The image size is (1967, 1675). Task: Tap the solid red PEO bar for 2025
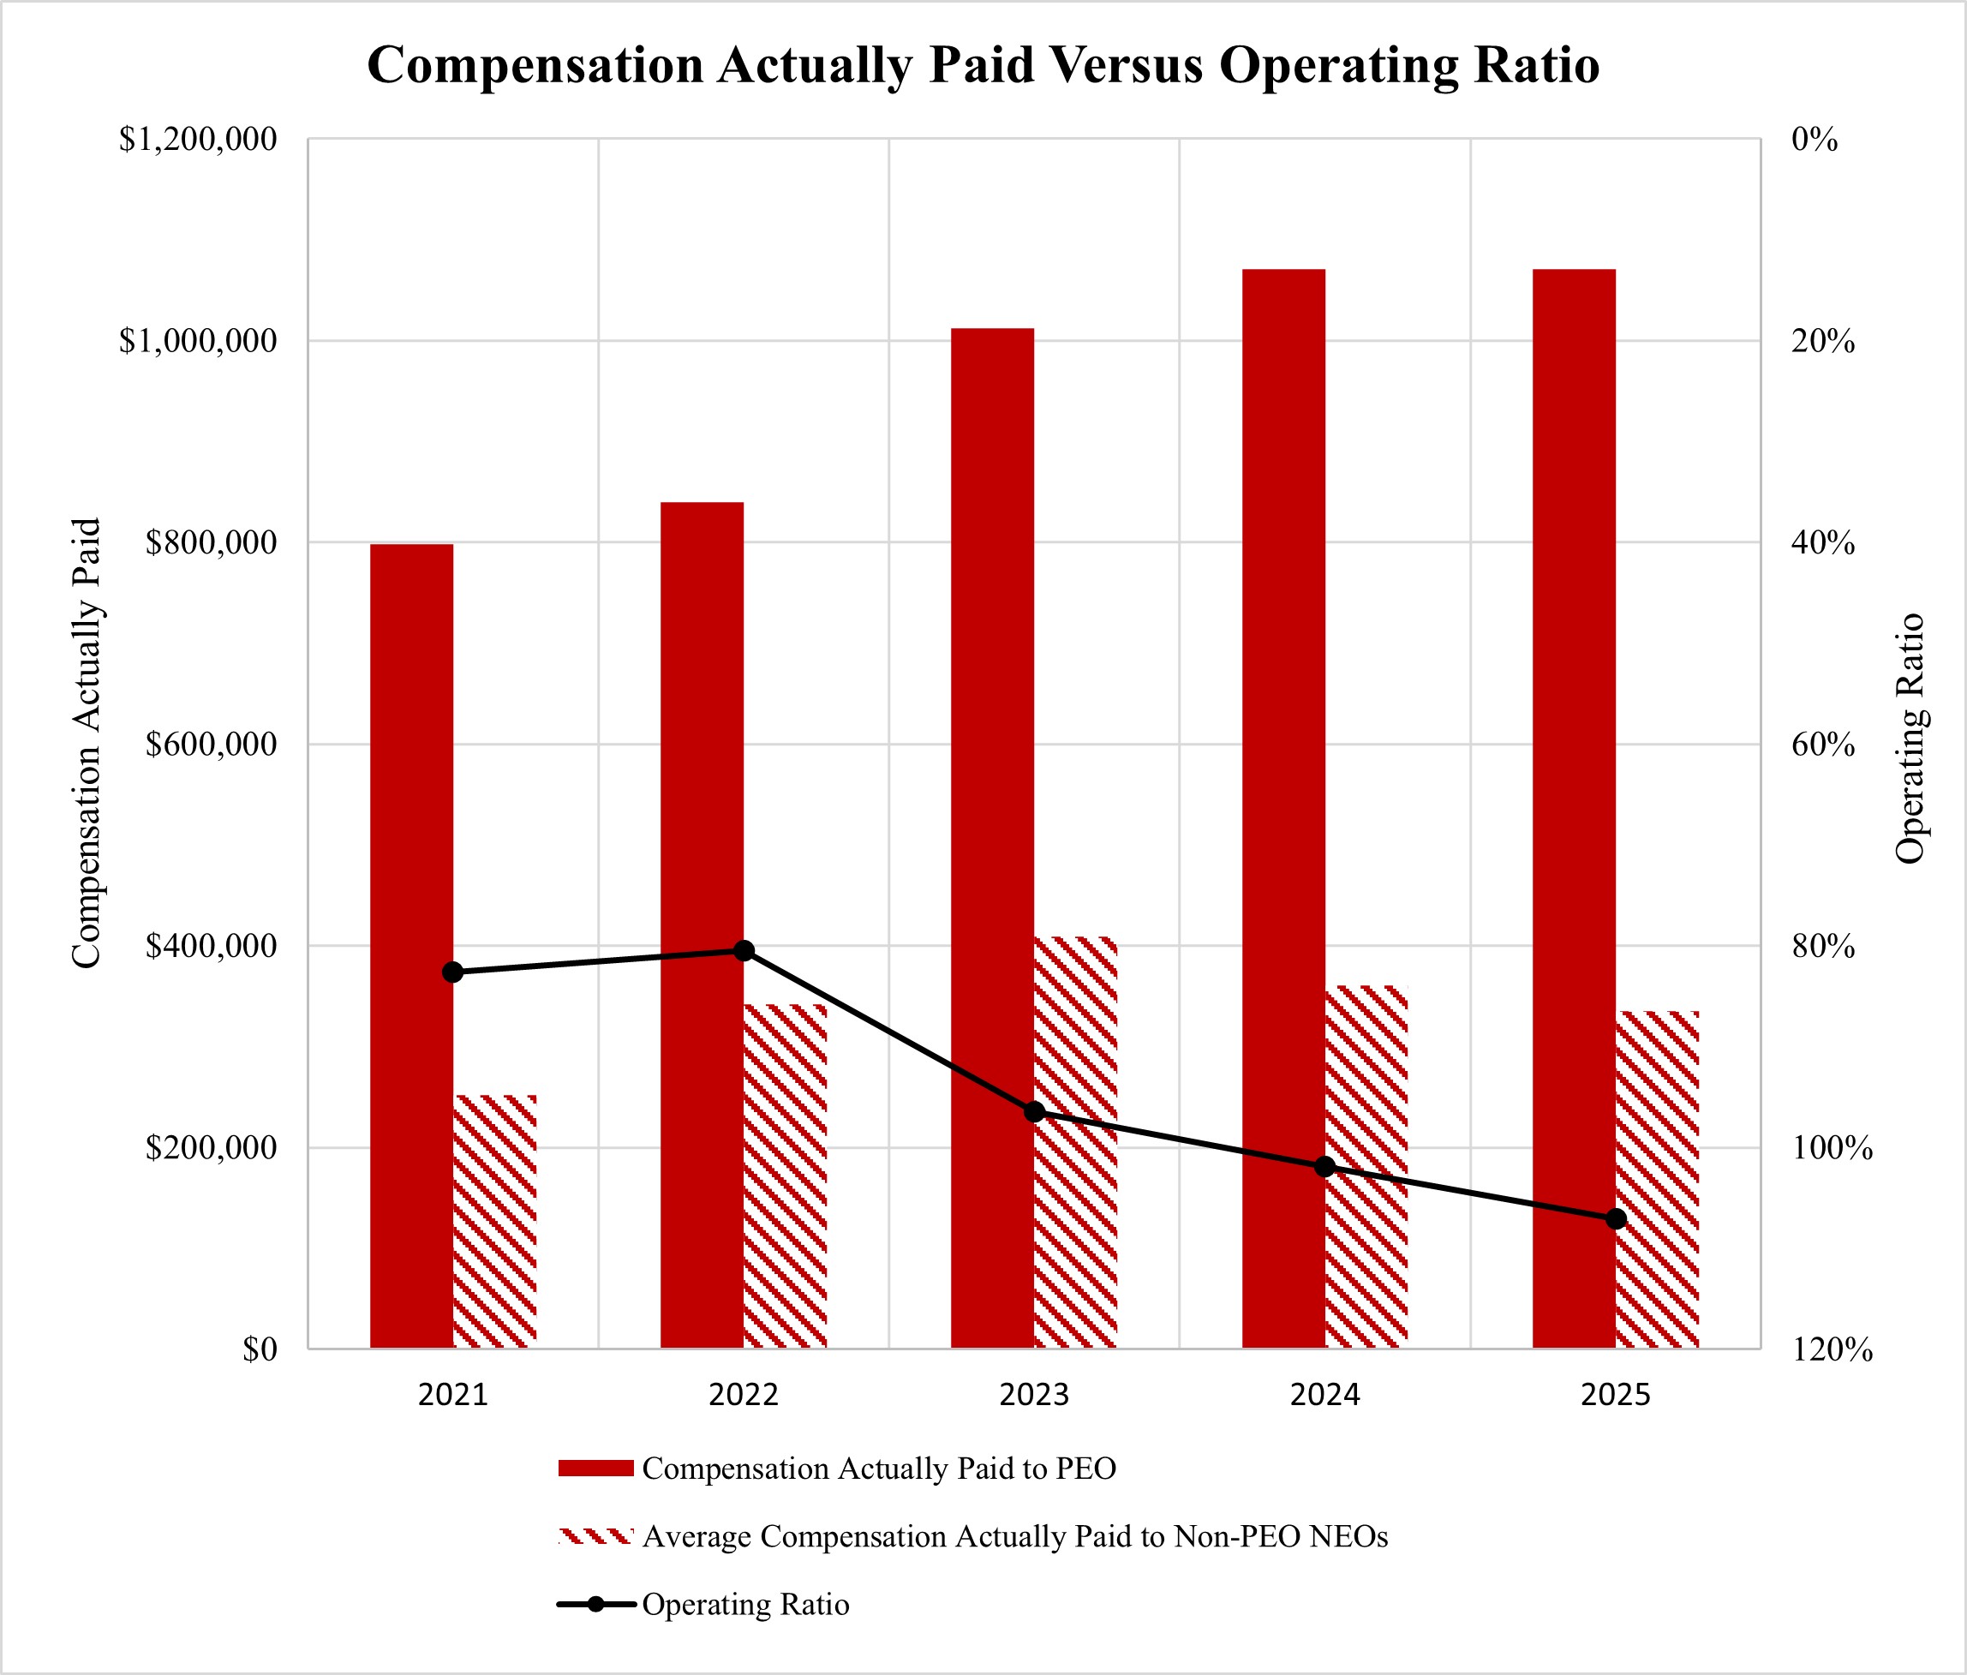(1573, 808)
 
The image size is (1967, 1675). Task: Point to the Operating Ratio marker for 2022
(744, 950)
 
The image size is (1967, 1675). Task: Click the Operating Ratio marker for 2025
(1616, 1219)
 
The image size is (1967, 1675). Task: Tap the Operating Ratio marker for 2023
(1035, 1112)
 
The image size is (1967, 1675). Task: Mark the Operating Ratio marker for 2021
(453, 972)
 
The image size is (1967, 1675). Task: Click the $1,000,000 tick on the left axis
(197, 341)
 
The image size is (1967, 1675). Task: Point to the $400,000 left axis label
(211, 946)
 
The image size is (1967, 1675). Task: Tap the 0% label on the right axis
(1815, 140)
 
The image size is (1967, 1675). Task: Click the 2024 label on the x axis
(1324, 1395)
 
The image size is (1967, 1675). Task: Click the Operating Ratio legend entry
(745, 1605)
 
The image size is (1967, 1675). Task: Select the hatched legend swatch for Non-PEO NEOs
(595, 1536)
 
